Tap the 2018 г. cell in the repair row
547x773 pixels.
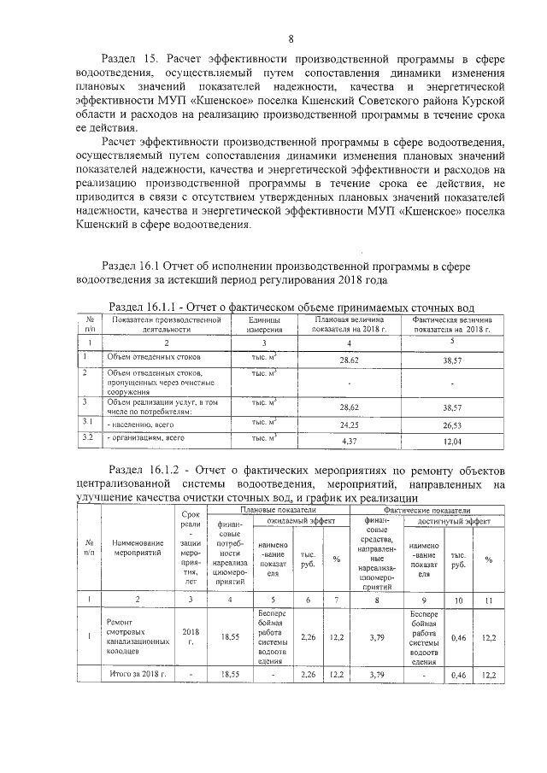(x=191, y=636)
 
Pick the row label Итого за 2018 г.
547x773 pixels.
(x=137, y=674)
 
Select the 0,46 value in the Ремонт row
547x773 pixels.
(x=458, y=636)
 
